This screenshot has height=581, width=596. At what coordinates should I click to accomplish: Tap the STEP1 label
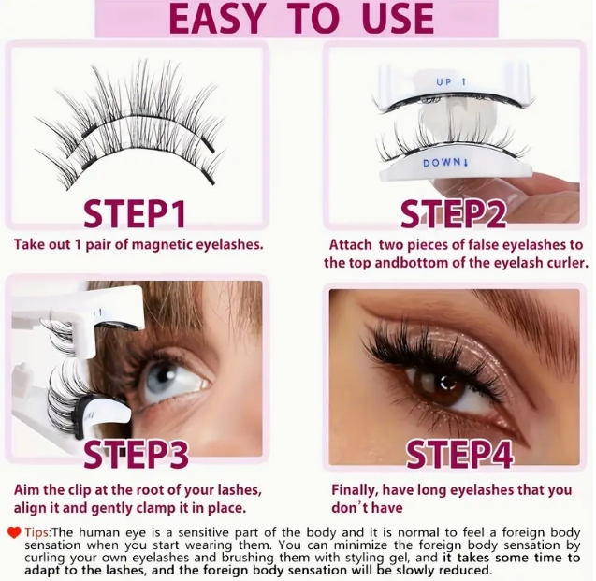click(x=136, y=214)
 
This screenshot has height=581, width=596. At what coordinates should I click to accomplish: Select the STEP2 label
click(x=454, y=214)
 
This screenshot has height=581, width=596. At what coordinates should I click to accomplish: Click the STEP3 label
click(x=136, y=456)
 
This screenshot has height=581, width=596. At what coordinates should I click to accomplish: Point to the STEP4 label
click(x=458, y=456)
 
